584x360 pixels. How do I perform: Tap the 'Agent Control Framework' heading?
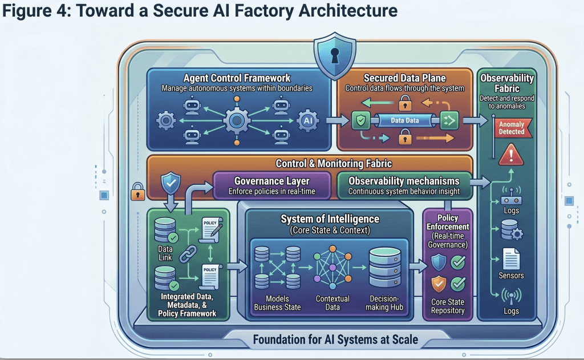237,78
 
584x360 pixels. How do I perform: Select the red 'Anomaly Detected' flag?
511,128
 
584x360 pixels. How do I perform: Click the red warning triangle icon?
511,155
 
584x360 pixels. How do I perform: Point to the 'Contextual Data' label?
332,303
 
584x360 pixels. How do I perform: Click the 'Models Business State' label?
277,303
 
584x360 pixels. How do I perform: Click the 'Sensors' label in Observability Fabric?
510,276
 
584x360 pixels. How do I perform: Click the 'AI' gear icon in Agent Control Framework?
307,121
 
